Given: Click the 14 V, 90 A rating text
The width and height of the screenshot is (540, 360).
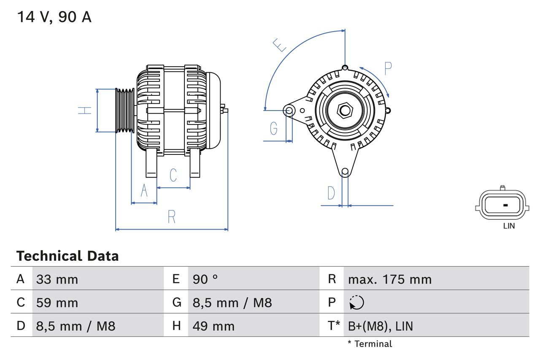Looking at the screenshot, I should click(x=54, y=17).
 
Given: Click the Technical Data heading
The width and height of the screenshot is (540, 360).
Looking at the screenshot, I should click(x=67, y=256).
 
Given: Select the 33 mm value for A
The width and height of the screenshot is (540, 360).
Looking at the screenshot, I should click(x=57, y=279).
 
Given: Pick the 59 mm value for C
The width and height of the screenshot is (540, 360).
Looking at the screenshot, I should click(x=57, y=303).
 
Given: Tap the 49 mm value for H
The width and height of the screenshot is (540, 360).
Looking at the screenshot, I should click(x=213, y=326).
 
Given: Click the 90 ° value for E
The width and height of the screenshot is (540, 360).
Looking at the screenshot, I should click(x=205, y=279).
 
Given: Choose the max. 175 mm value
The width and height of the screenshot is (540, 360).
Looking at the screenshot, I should click(x=389, y=279).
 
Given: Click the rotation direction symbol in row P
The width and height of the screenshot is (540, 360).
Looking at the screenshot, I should click(x=356, y=303).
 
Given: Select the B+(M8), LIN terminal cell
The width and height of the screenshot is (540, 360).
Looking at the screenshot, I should click(x=380, y=326).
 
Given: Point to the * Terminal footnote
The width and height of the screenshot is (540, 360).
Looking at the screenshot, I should click(x=370, y=344).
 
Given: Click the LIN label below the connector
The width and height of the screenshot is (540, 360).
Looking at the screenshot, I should click(x=509, y=226).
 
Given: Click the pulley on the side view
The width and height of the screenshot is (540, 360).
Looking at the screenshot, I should click(x=125, y=110).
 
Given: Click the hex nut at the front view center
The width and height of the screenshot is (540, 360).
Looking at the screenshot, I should click(x=345, y=111).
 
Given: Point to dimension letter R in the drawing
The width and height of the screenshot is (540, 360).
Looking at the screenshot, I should click(x=171, y=217).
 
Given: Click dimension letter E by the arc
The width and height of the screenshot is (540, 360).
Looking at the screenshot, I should click(x=279, y=45).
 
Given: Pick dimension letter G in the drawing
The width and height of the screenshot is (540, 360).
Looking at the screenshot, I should click(x=274, y=128).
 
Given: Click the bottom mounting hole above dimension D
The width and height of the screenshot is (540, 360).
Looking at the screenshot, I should click(x=345, y=171).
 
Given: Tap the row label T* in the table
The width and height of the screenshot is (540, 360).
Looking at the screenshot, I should click(x=333, y=326).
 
